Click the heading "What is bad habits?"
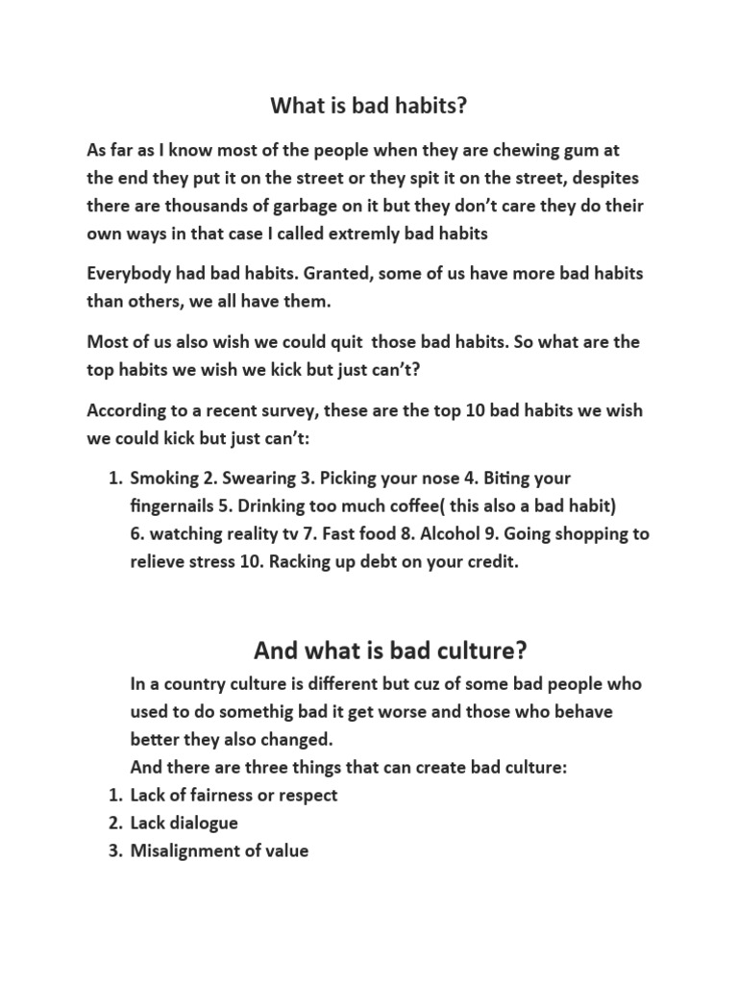click(x=369, y=106)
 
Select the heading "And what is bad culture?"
click(x=390, y=651)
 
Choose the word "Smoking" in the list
click(x=163, y=479)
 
